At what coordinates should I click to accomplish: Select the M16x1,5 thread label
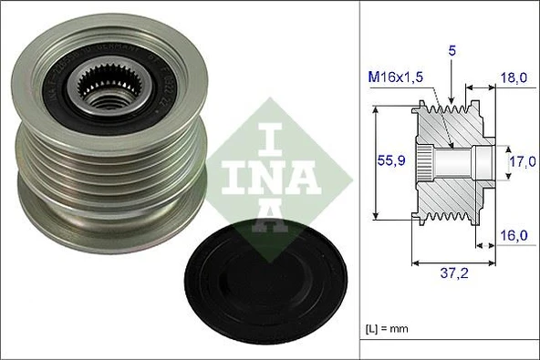pos(396,79)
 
